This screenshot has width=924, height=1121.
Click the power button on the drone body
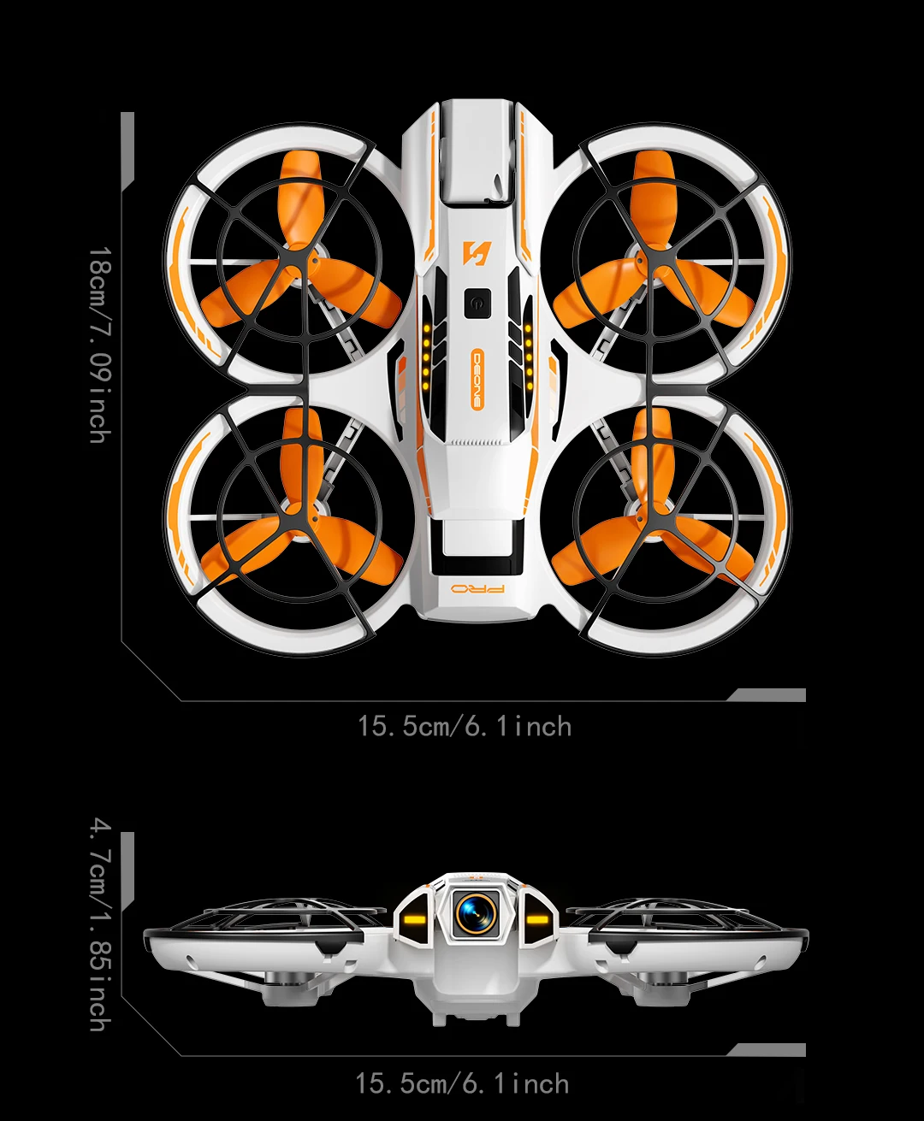[x=477, y=304]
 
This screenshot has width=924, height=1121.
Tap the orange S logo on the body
[x=475, y=253]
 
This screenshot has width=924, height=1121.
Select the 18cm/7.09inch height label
[x=100, y=345]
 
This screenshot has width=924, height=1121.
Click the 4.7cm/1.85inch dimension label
[x=100, y=923]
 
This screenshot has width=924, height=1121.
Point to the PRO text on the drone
[x=477, y=590]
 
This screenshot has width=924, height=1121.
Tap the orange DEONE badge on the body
[x=477, y=380]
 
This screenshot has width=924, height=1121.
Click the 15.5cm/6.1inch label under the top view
[x=465, y=727]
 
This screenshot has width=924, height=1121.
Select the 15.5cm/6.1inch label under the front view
[x=463, y=1084]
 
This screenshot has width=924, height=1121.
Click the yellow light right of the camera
[x=537, y=921]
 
